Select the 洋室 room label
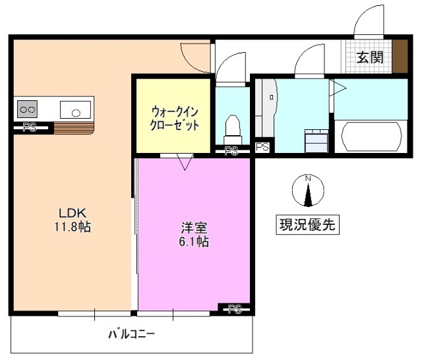pyautogui.click(x=195, y=228)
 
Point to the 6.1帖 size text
pyautogui.click(x=195, y=242)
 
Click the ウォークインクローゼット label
pyautogui.click(x=175, y=118)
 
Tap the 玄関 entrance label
pyautogui.click(x=370, y=57)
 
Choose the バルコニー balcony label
pyautogui.click(x=132, y=335)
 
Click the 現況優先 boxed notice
pyautogui.click(x=307, y=225)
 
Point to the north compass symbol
pyautogui.click(x=307, y=190)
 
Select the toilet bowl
pyautogui.click(x=231, y=125)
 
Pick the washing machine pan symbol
pyautogui.click(x=316, y=140)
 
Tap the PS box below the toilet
pyautogui.click(x=231, y=152)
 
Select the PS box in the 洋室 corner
pyautogui.click(x=235, y=309)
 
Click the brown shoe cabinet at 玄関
pyautogui.click(x=400, y=57)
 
